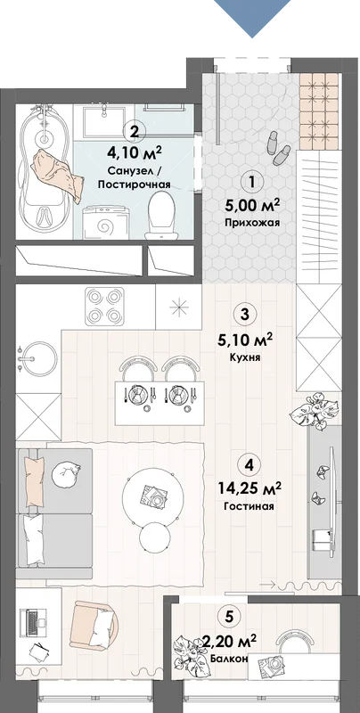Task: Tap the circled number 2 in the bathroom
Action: (x=134, y=132)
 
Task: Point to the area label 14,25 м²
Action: (x=250, y=488)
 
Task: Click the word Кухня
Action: (x=245, y=358)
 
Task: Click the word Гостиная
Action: (x=250, y=506)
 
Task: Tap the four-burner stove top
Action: (x=104, y=306)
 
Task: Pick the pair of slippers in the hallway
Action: (x=278, y=147)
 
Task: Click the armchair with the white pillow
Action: (x=95, y=623)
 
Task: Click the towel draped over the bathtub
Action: (x=58, y=175)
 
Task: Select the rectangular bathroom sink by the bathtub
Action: (x=104, y=120)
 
